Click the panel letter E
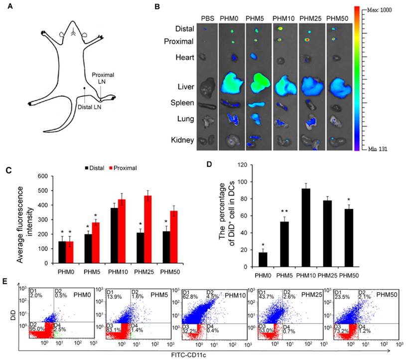click(x=5, y=282)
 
